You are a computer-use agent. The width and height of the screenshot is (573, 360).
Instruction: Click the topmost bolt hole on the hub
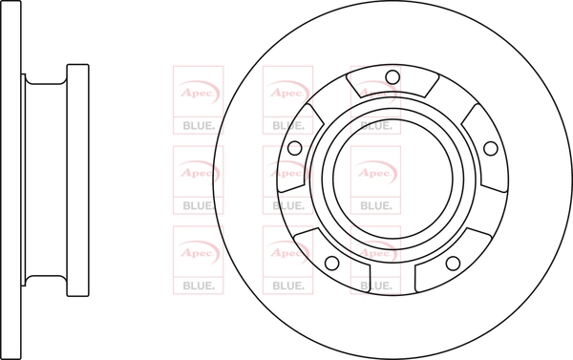click(x=393, y=77)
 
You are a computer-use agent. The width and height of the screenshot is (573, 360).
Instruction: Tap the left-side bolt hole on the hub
click(x=295, y=148)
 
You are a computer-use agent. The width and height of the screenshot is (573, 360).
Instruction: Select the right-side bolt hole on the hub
click(x=491, y=148)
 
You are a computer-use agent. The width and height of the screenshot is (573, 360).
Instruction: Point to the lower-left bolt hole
click(x=331, y=263)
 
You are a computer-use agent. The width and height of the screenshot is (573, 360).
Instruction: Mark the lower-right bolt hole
click(x=453, y=263)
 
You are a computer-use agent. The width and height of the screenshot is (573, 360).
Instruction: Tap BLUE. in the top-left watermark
click(x=199, y=126)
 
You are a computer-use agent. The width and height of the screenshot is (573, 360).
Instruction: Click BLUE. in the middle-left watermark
click(x=199, y=205)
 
